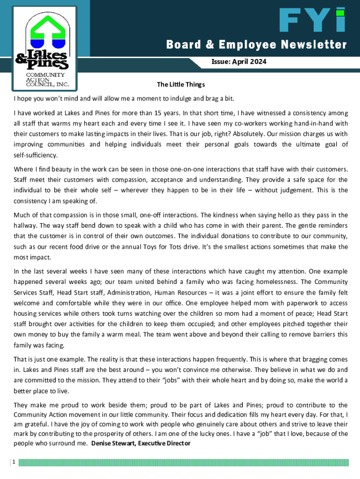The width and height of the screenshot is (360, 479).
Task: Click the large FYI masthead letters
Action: (312, 22)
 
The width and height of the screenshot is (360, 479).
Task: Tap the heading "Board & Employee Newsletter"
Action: (257, 45)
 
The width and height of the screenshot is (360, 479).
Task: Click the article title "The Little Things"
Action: (180, 85)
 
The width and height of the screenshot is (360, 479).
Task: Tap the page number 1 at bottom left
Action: (14, 462)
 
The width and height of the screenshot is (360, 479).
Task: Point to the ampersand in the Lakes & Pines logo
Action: (22, 59)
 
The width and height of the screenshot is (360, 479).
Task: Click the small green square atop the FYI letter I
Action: (340, 13)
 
